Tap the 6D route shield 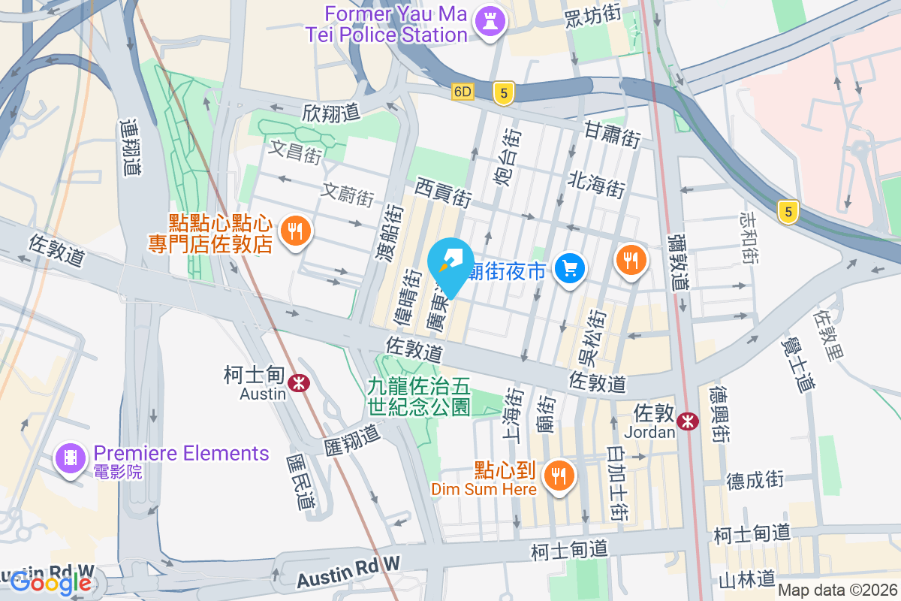(463, 92)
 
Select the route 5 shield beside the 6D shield (504, 92)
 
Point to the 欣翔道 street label (331, 113)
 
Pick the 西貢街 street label (443, 193)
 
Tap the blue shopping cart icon (570, 269)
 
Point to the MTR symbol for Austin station (300, 383)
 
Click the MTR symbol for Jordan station (686, 421)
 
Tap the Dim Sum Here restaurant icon (558, 476)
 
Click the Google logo (50, 583)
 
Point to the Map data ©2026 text (837, 590)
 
